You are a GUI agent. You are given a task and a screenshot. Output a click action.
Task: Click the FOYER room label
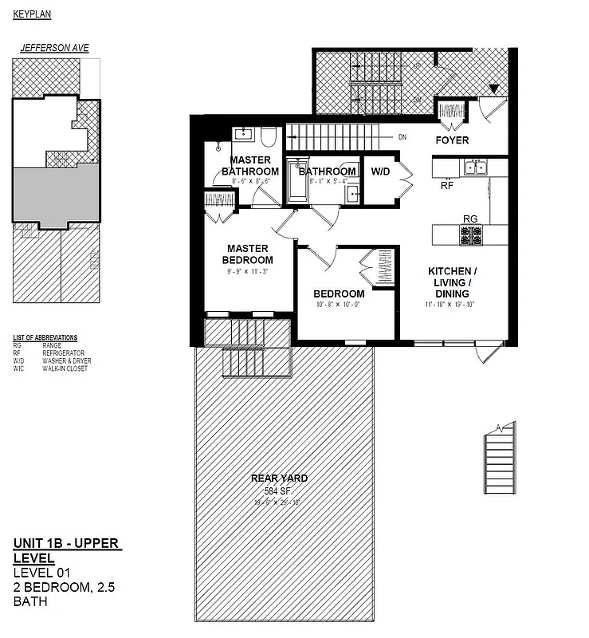tap(452, 140)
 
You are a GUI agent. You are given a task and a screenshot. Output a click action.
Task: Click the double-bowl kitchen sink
tap(477, 167)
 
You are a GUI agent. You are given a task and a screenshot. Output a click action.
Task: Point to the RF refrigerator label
tap(447, 185)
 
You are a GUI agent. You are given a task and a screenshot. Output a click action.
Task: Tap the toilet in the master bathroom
tap(268, 137)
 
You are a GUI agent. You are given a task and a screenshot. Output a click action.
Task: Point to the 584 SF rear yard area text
tap(279, 490)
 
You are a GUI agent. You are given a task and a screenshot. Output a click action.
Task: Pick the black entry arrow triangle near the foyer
tap(494, 89)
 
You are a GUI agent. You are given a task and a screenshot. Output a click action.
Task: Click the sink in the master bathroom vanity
tap(242, 133)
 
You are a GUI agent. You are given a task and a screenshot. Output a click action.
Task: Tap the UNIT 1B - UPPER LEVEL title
tap(66, 550)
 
